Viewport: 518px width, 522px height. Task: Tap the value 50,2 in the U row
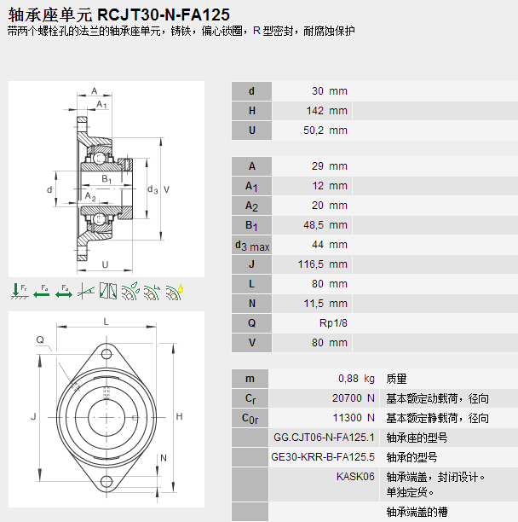click(x=317, y=130)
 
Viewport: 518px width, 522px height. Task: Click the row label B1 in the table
click(x=251, y=225)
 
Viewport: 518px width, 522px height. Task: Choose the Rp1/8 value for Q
click(x=333, y=323)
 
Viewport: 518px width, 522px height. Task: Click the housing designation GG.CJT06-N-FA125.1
click(x=324, y=438)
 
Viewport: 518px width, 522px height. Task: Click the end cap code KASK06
click(x=355, y=477)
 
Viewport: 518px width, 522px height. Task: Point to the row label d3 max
click(x=251, y=246)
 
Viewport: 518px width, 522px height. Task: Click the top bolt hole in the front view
click(x=107, y=352)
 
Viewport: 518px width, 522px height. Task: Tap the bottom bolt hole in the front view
click(x=107, y=482)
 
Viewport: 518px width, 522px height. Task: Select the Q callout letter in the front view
click(x=39, y=339)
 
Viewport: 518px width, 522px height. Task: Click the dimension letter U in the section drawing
click(x=105, y=264)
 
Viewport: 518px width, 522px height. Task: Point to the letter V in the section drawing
click(x=166, y=189)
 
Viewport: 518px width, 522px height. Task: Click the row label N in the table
click(x=251, y=304)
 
